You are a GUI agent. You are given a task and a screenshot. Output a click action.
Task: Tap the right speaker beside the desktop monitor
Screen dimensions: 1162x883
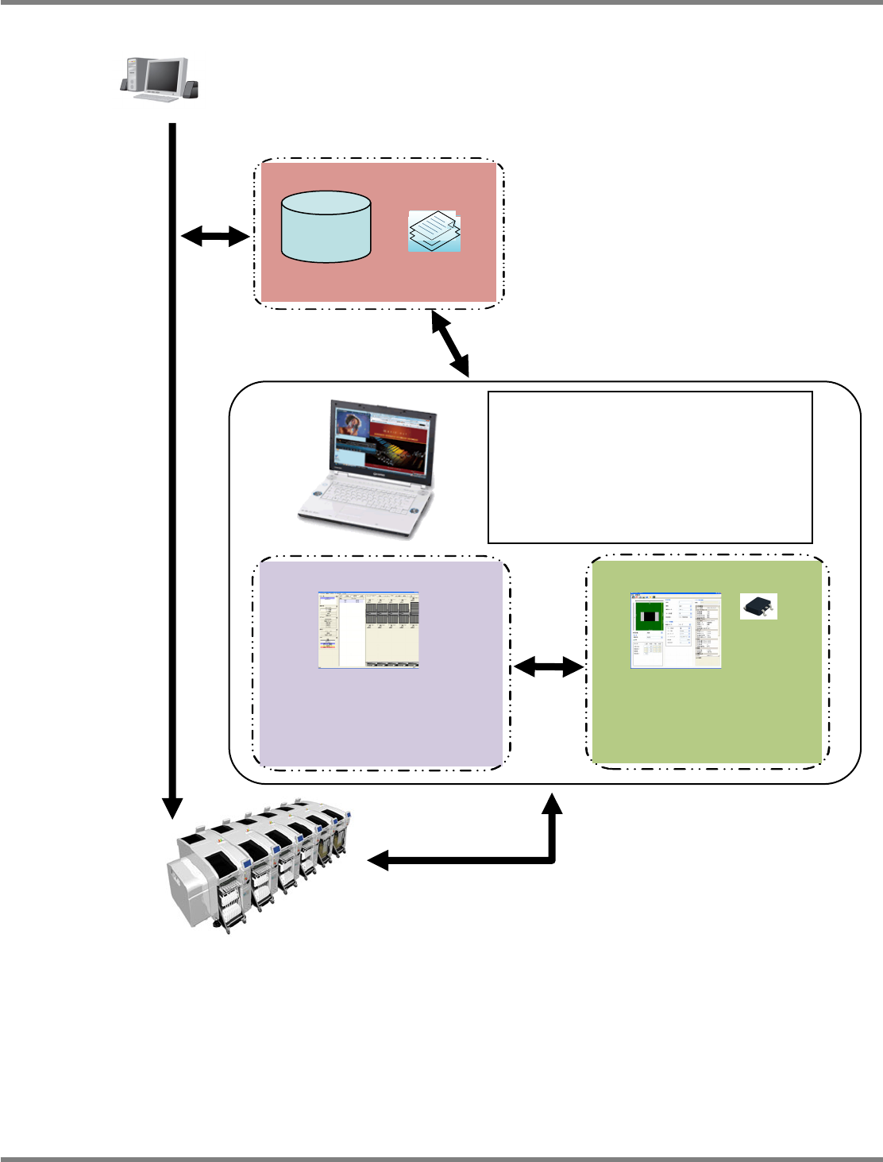192,88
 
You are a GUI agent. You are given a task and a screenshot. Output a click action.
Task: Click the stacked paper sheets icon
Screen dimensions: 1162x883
434,231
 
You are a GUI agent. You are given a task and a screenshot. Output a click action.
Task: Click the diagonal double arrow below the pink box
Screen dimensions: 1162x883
450,343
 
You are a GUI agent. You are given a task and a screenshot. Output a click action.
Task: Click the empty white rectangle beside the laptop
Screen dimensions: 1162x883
650,466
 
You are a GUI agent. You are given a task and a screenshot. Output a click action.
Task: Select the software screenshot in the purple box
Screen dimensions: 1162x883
368,629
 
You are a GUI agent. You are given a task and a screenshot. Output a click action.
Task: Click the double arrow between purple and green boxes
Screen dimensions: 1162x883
549,667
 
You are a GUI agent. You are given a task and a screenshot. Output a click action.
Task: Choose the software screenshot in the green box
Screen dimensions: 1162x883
676,630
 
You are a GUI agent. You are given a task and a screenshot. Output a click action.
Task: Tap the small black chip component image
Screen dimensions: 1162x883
758,606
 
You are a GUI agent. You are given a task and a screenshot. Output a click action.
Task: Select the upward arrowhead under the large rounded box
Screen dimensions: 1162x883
553,803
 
